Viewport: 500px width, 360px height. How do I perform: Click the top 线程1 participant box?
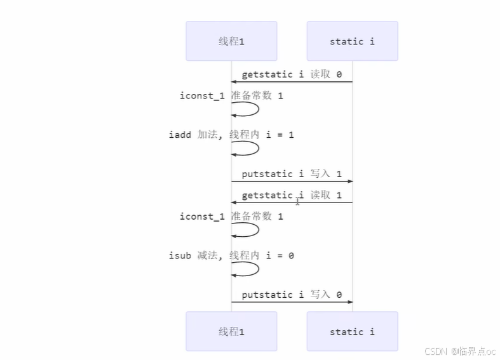coord(231,41)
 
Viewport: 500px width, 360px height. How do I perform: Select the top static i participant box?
coord(352,41)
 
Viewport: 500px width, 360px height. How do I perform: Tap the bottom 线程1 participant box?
coord(231,331)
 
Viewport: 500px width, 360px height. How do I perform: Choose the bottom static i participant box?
coord(352,331)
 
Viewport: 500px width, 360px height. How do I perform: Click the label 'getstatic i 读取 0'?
coord(292,74)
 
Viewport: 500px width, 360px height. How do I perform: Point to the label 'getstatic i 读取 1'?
coord(292,195)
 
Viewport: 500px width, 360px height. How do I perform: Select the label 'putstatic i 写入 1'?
coord(292,174)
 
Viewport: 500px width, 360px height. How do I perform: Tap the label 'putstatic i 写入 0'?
coord(292,295)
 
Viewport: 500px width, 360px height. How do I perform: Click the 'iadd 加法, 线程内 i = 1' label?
coord(231,135)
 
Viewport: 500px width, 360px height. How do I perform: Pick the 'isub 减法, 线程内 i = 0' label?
coord(231,255)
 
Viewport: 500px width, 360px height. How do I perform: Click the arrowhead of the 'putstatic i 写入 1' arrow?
coord(349,182)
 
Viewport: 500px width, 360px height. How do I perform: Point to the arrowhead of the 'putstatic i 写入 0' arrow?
coord(349,302)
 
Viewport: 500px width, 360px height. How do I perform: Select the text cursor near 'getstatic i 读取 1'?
coord(297,201)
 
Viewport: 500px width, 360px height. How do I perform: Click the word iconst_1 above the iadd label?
coord(202,95)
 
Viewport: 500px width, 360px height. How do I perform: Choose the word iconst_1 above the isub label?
coord(202,217)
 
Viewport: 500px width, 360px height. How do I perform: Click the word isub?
coord(180,255)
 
